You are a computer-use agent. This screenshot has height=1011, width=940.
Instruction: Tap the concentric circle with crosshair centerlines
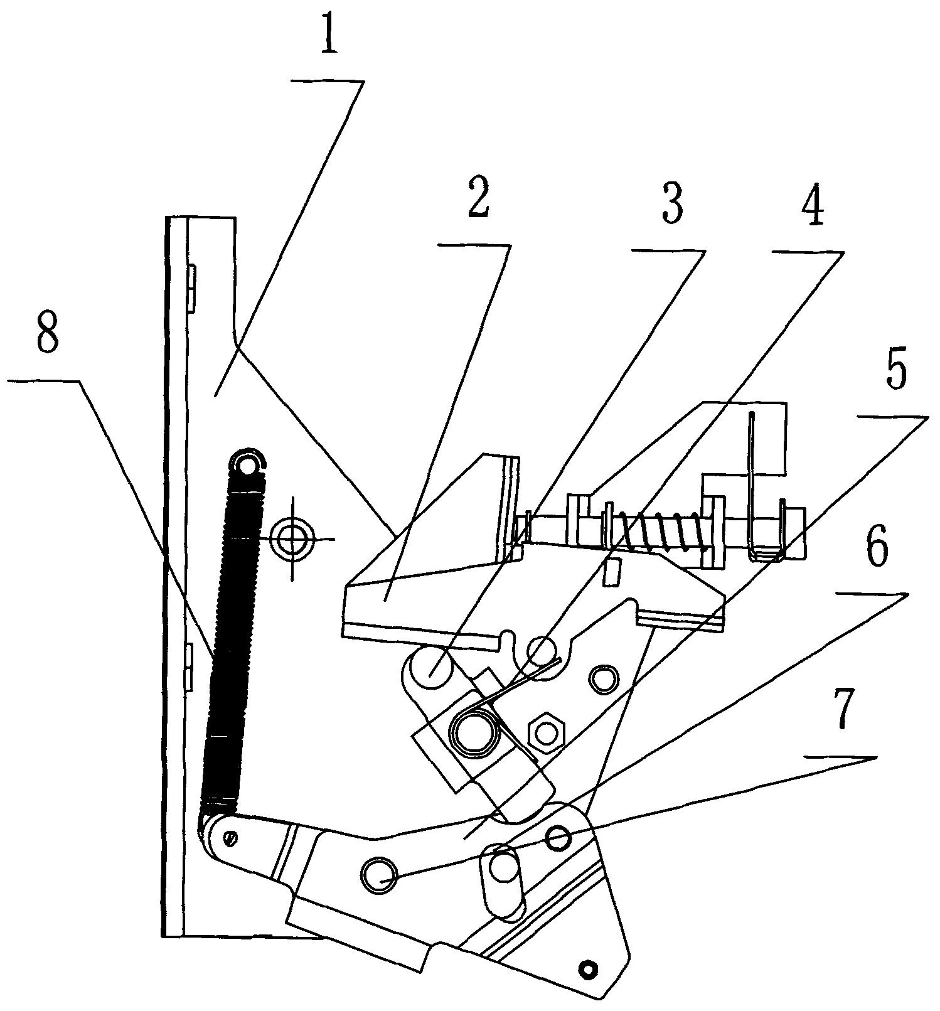292,538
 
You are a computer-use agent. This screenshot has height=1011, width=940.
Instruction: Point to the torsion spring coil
474,731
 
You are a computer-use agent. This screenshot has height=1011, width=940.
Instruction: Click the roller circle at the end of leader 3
432,670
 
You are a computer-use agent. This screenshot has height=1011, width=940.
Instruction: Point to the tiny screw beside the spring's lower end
232,837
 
